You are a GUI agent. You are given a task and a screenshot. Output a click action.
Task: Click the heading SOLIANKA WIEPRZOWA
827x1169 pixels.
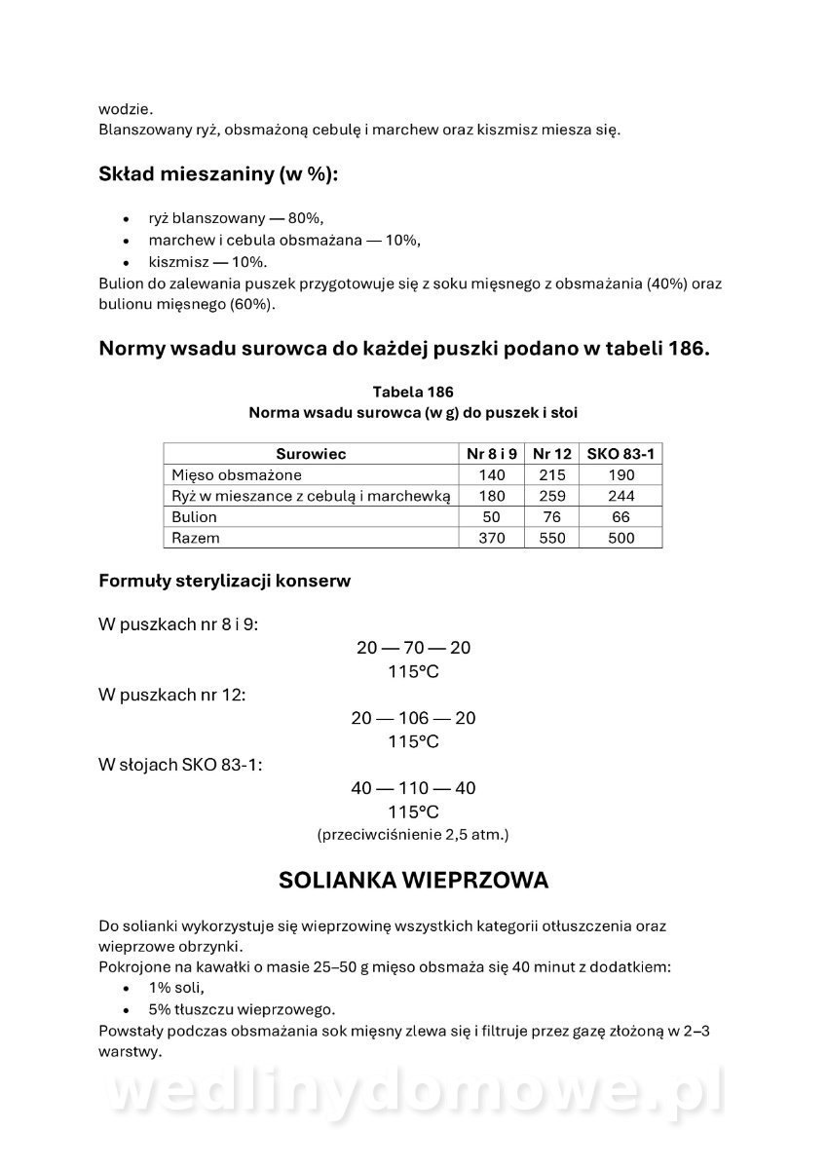tap(413, 881)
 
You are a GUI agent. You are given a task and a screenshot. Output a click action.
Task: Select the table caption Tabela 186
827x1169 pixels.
tap(413, 392)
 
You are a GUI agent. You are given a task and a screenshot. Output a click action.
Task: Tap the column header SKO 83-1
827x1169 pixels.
tap(620, 454)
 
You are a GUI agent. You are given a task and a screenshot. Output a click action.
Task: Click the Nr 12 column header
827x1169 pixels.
tap(551, 454)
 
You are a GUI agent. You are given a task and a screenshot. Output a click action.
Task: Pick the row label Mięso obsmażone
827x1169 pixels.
tap(236, 475)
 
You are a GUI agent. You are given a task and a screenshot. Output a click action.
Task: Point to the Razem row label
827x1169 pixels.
tap(195, 538)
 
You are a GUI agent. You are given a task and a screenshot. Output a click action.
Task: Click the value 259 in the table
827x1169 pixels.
tap(551, 496)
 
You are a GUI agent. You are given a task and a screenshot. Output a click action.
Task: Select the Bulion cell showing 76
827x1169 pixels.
tap(551, 517)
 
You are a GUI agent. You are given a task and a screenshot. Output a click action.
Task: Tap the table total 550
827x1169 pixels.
tap(551, 538)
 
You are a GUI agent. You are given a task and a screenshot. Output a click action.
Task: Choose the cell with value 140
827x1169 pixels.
tap(492, 475)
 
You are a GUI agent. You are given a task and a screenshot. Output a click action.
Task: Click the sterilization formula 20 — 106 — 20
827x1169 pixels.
tap(413, 718)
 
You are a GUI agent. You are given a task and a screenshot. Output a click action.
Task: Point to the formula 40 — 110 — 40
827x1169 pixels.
tap(413, 788)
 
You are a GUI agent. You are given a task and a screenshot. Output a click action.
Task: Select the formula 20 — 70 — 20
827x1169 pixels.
tap(413, 648)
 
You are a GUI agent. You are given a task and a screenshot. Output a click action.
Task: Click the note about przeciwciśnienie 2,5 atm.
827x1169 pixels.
tap(413, 835)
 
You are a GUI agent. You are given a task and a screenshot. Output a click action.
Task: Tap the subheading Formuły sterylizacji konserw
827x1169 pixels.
tap(225, 582)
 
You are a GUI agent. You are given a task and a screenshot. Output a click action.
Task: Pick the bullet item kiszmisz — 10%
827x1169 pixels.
tap(207, 262)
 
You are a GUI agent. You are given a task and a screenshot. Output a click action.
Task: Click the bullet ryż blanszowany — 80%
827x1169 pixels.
tap(236, 218)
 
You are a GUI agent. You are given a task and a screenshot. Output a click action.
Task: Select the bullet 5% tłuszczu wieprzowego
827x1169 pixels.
tap(242, 1009)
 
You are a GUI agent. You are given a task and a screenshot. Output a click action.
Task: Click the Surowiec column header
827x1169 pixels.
tap(311, 454)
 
